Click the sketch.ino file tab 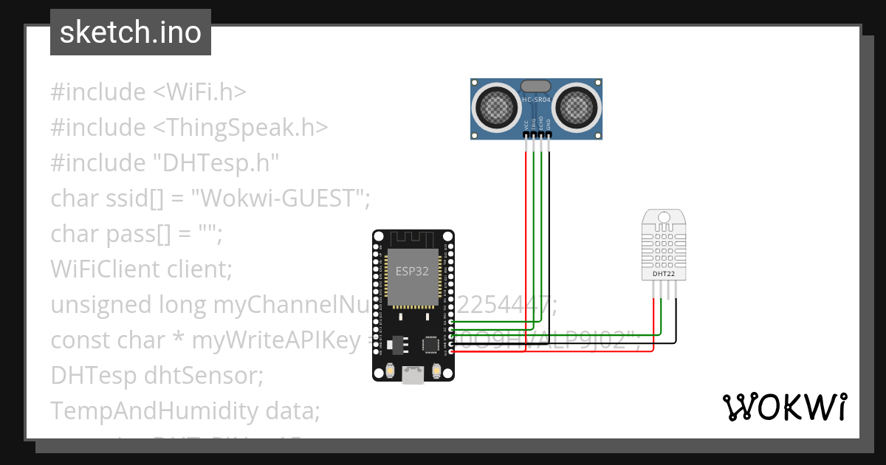click(x=131, y=32)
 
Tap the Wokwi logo click(x=783, y=407)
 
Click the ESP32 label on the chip click(x=411, y=271)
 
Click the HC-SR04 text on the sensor click(x=538, y=99)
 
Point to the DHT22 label click(x=663, y=274)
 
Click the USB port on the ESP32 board click(x=413, y=376)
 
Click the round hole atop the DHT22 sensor click(x=664, y=217)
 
